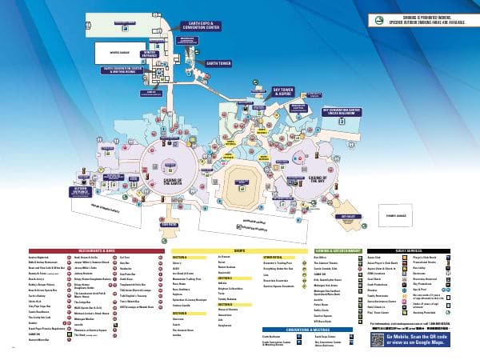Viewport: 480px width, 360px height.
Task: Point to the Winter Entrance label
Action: [149, 54]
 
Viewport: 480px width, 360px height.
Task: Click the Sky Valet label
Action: [348, 216]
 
